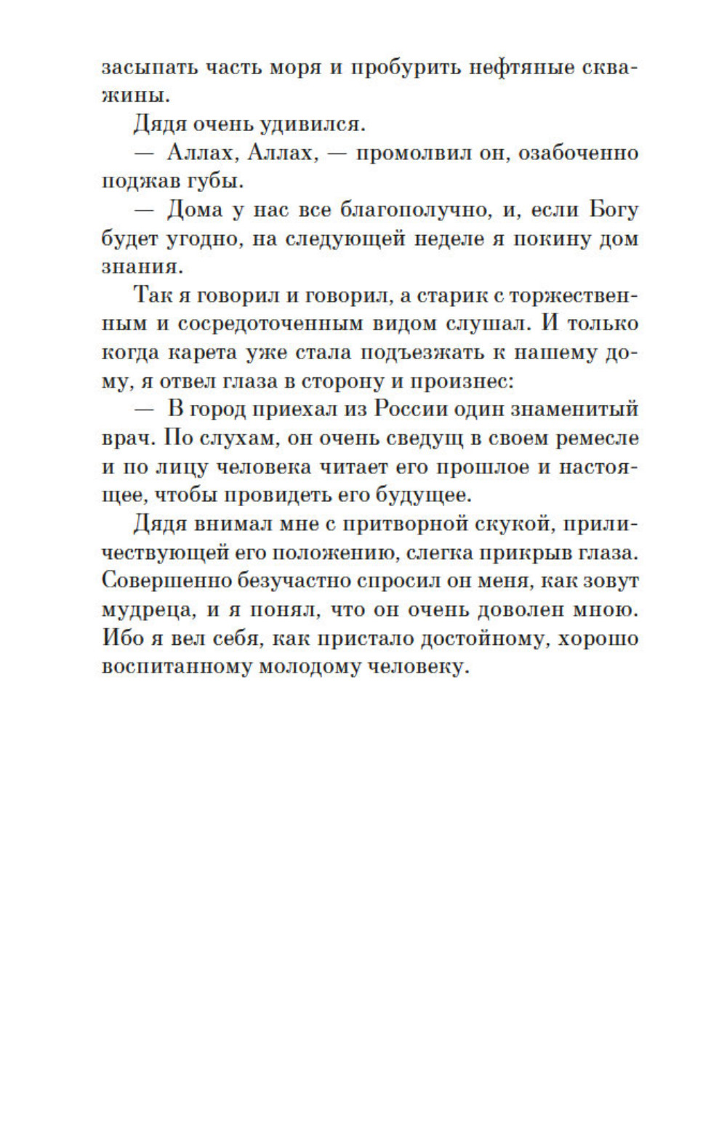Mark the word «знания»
click(140, 267)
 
